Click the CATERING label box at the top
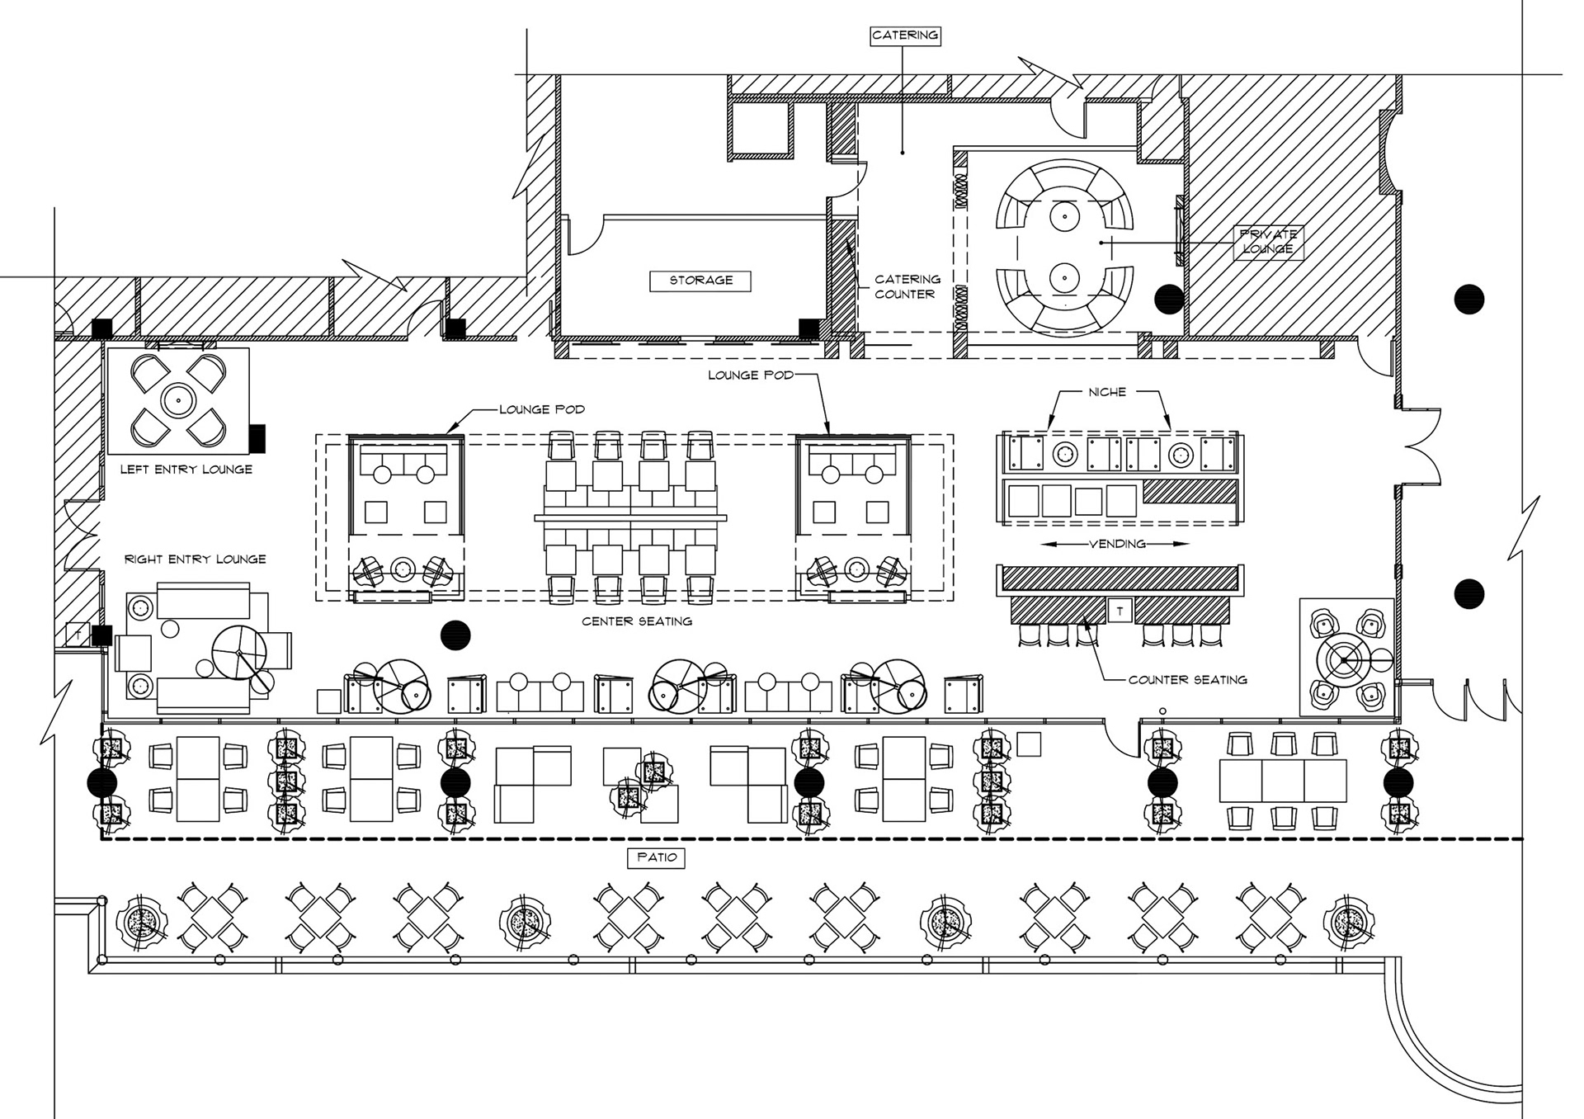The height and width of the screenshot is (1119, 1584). click(905, 35)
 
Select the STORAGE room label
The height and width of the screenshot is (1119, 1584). click(700, 281)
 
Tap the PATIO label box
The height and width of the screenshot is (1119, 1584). click(657, 857)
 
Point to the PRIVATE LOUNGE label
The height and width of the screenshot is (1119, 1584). click(1267, 242)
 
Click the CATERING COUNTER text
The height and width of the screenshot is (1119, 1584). click(907, 286)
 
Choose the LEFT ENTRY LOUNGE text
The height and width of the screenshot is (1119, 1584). click(186, 470)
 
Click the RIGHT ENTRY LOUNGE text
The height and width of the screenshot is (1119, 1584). click(195, 559)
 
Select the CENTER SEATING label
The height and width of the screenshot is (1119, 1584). click(636, 621)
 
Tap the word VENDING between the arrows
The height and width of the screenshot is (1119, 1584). click(1117, 544)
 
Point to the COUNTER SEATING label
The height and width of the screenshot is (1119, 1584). click(1187, 680)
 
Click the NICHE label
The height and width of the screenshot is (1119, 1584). click(1106, 392)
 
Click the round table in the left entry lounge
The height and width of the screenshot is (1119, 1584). click(177, 401)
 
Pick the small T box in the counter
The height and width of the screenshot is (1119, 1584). click(1120, 611)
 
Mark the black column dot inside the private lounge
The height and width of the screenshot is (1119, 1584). click(1168, 299)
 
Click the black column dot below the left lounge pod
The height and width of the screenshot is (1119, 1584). click(455, 635)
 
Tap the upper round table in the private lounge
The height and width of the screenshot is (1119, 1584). click(1064, 218)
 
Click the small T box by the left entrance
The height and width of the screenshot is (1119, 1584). click(78, 635)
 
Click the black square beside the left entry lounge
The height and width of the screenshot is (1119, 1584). click(258, 437)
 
